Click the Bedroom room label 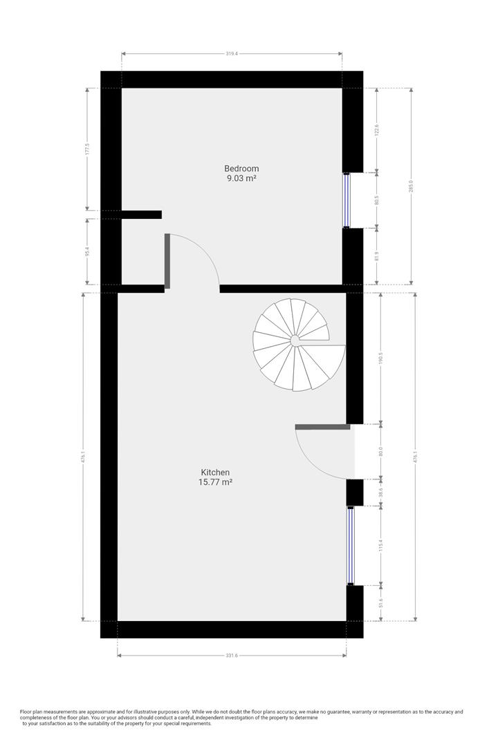tap(241, 169)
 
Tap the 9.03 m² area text tap(241, 178)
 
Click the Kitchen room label tap(215, 472)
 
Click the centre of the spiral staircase tap(295, 340)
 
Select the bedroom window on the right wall tap(347, 199)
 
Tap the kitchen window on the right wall tap(350, 546)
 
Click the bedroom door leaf tap(167, 260)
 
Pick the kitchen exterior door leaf tap(323, 427)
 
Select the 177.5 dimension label tap(88, 149)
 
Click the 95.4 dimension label tap(88, 252)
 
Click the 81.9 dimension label tap(377, 256)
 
